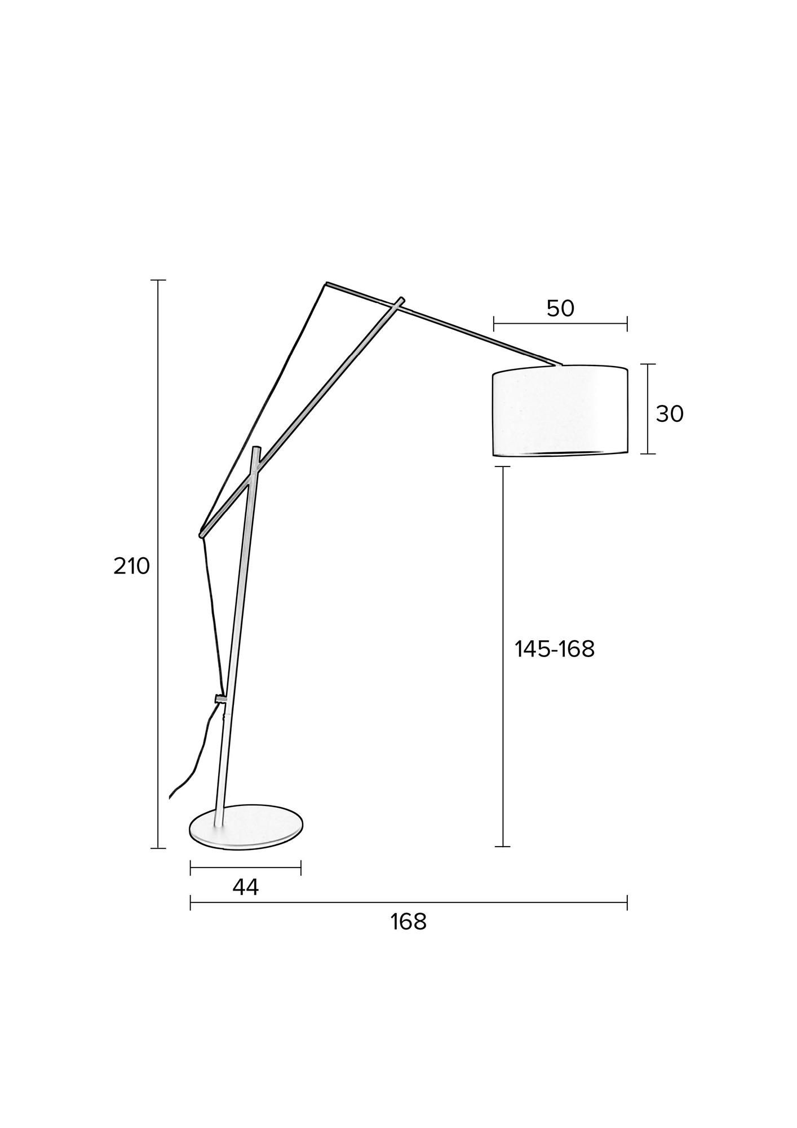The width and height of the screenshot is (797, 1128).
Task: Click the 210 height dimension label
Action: point(132,566)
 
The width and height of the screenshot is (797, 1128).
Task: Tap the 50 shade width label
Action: point(560,309)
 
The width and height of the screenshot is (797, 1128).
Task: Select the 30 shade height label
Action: point(670,415)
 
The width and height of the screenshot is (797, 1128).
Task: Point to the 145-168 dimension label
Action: point(555,649)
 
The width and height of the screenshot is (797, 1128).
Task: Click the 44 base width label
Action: point(246,887)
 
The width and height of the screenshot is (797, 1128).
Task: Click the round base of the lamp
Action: point(245,826)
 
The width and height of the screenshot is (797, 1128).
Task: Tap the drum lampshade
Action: point(560,411)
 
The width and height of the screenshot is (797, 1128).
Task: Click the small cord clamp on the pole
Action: point(221,699)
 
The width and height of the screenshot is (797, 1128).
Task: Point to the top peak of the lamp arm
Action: point(326,283)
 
